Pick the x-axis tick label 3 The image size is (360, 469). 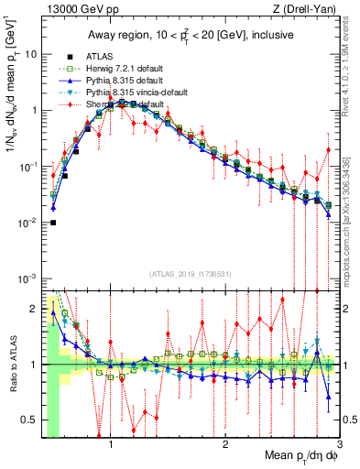(x=339, y=443)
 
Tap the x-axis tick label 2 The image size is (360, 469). (x=224, y=443)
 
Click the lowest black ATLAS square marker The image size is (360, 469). (x=53, y=222)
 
